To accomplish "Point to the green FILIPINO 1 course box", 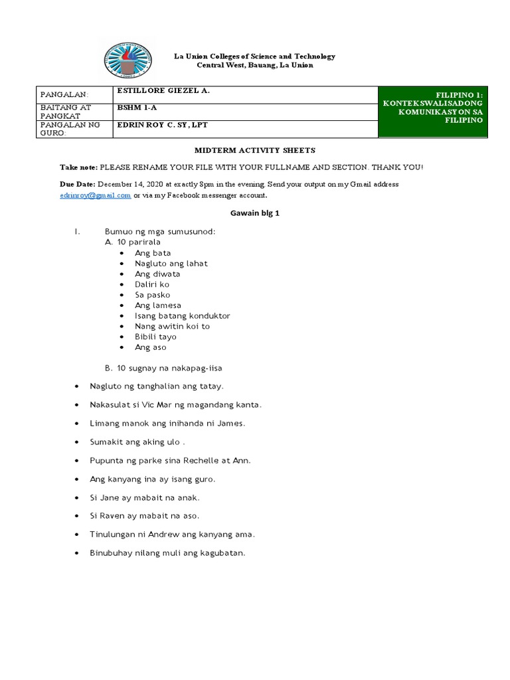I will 433,112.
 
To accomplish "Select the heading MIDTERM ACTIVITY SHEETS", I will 254,151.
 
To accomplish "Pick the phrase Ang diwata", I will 157,274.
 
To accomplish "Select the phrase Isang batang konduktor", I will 182,315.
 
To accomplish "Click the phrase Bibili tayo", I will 155,337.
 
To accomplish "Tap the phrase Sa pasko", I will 152,294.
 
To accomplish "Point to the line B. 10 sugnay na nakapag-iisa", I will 167,368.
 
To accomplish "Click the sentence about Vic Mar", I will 176,404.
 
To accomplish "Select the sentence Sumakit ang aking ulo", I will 137,441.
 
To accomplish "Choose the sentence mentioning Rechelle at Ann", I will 170,460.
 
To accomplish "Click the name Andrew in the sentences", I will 149,534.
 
